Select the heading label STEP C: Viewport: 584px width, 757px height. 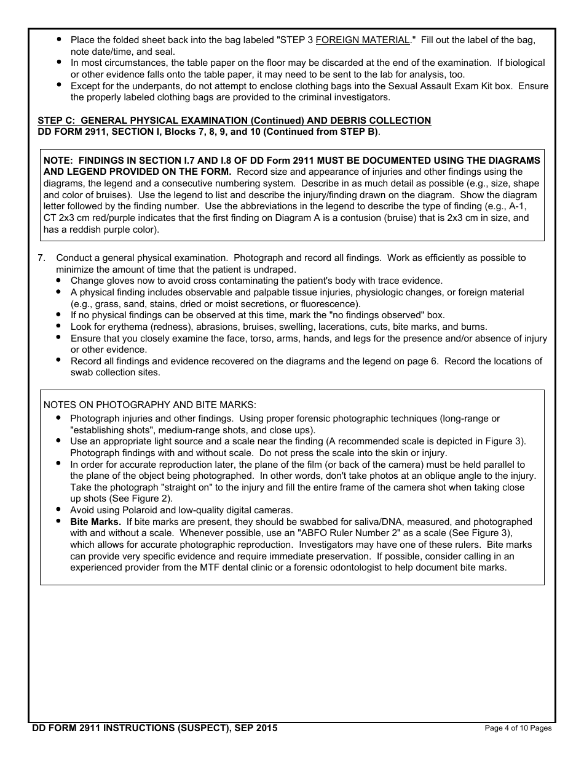coord(58,121)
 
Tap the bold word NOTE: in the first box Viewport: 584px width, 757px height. coord(58,161)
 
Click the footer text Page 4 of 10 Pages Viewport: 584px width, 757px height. coord(518,728)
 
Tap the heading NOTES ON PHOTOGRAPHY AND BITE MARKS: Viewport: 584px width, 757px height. coord(149,404)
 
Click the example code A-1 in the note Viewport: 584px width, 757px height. coord(517,207)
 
